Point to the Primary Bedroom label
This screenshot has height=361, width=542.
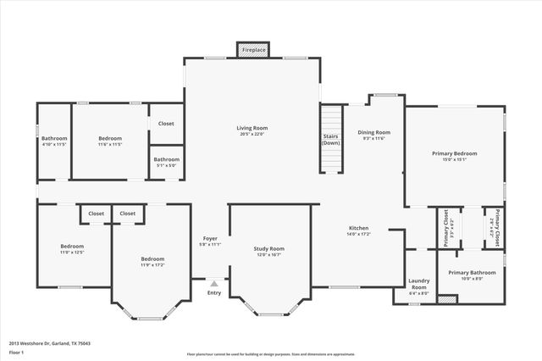[x=455, y=157]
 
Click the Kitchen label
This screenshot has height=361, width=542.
[x=359, y=231]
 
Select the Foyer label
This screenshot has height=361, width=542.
[x=211, y=242]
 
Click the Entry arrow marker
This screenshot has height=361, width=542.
[x=213, y=285]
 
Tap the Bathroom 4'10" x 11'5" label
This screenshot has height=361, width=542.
[x=54, y=142]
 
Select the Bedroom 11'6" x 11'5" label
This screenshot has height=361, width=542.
[x=110, y=142]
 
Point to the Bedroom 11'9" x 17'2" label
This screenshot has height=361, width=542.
[x=152, y=262]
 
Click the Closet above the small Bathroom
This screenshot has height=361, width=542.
[x=166, y=123]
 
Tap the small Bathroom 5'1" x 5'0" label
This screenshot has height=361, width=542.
[x=166, y=162]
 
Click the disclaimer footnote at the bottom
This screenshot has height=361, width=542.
[x=271, y=354]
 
